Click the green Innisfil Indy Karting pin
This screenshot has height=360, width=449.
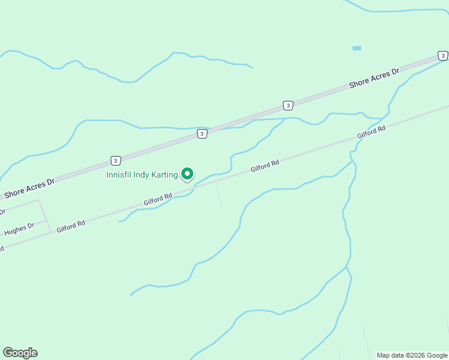(x=187, y=173)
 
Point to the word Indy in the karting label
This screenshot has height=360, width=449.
(x=142, y=175)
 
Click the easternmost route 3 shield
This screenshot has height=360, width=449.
(x=443, y=56)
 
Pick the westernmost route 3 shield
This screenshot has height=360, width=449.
(x=115, y=160)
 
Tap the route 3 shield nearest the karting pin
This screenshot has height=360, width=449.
(x=202, y=134)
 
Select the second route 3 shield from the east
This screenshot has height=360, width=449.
(x=288, y=106)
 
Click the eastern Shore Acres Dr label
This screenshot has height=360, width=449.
(x=374, y=79)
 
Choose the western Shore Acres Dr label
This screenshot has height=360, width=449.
(x=29, y=188)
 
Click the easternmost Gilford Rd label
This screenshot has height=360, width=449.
(x=371, y=133)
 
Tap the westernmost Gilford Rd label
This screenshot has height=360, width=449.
(x=71, y=226)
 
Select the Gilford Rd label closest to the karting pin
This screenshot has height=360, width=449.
(x=158, y=199)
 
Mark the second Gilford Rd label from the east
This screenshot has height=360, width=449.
(x=265, y=166)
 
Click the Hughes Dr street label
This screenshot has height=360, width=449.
(x=19, y=229)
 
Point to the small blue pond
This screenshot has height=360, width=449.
(x=357, y=48)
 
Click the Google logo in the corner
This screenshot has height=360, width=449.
(x=20, y=353)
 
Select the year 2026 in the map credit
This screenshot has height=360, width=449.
(x=417, y=355)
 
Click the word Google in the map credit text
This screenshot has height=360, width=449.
(x=437, y=355)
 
